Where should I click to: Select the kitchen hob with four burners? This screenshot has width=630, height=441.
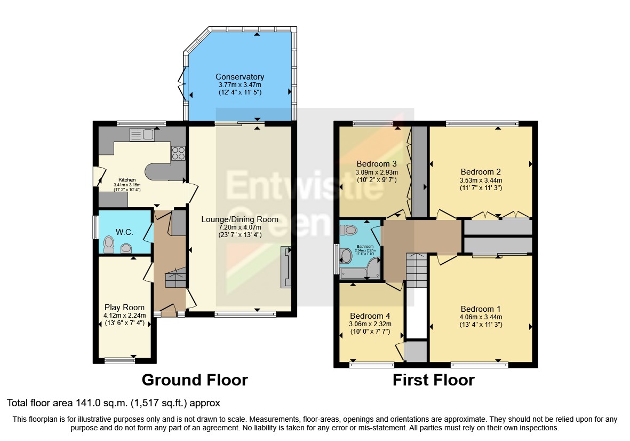pyautogui.click(x=178, y=153)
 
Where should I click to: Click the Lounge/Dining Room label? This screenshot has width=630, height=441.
pyautogui.click(x=240, y=219)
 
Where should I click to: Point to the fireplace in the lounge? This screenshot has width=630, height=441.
pyautogui.click(x=286, y=267)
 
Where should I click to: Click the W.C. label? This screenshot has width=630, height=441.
pyautogui.click(x=124, y=232)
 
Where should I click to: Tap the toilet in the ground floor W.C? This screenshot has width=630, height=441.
pyautogui.click(x=109, y=244)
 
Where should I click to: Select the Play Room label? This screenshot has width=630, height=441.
pyautogui.click(x=124, y=307)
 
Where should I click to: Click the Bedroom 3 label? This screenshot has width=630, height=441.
pyautogui.click(x=377, y=163)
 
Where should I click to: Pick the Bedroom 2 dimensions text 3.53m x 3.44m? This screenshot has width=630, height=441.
pyautogui.click(x=481, y=180)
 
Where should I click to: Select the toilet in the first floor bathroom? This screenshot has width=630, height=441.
pyautogui.click(x=349, y=230)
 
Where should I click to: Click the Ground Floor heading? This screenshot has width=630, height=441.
pyautogui.click(x=194, y=380)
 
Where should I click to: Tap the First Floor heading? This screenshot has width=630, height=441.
pyautogui.click(x=433, y=380)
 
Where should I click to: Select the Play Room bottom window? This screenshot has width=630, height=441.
pyautogui.click(x=119, y=360)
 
